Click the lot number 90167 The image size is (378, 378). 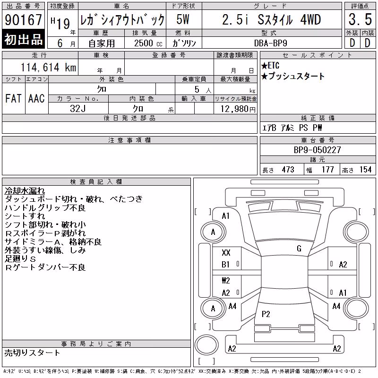(x=23, y=20)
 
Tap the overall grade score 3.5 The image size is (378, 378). (x=360, y=19)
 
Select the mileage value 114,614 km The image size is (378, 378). (x=48, y=67)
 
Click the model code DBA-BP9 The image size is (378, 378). (x=270, y=43)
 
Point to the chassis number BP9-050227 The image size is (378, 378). (x=317, y=150)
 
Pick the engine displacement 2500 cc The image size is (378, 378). (x=148, y=43)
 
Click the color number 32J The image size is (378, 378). (x=77, y=109)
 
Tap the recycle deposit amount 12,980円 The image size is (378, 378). (x=238, y=109)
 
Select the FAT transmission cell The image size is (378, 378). (x=13, y=98)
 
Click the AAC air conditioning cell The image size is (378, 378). (x=36, y=98)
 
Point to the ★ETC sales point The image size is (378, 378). (x=270, y=66)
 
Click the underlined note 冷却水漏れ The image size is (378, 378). (x=25, y=191)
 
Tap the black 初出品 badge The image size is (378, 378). (x=23, y=39)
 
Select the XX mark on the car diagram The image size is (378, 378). (x=226, y=253)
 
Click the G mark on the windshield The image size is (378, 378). (x=299, y=249)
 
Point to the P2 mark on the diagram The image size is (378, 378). (x=266, y=314)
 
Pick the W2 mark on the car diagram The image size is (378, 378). (x=226, y=280)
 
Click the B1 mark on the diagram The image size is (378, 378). (x=225, y=265)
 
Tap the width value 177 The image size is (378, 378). (x=327, y=170)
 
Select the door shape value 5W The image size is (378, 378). (x=183, y=19)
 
